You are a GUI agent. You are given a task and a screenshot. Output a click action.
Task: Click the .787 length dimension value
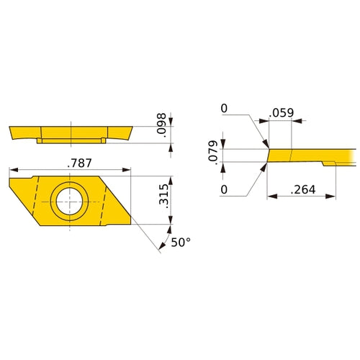coord(73,163)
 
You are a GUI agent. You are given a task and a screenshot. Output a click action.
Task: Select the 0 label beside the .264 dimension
coord(224,190)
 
